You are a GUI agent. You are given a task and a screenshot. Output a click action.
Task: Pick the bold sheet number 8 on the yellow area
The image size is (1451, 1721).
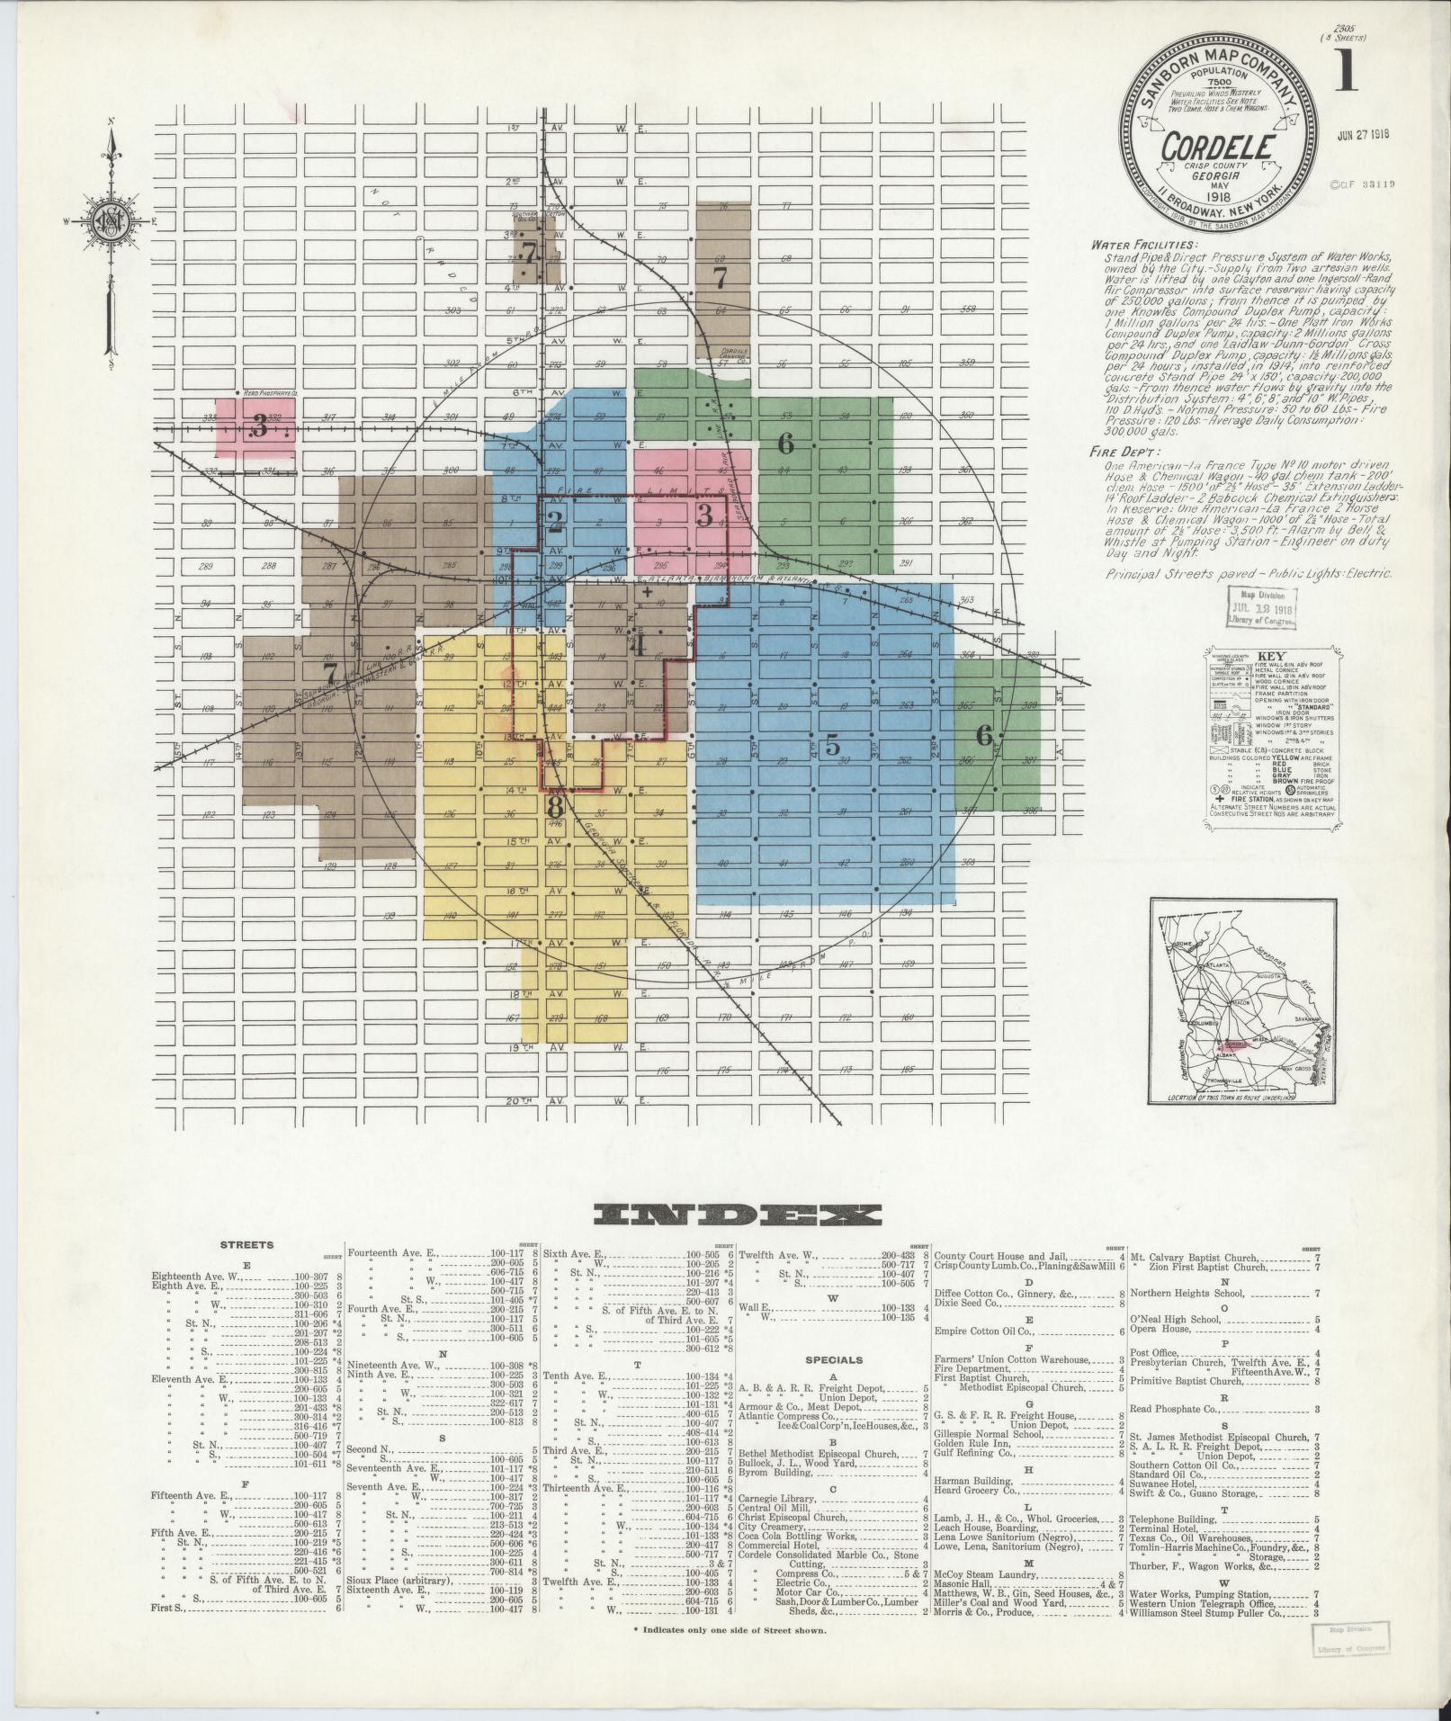(555, 805)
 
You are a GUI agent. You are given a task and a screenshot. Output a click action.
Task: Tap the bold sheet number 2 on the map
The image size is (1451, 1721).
(555, 521)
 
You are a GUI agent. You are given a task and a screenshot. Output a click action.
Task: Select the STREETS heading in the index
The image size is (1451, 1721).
(247, 1245)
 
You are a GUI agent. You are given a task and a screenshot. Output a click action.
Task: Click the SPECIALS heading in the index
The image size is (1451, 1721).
(834, 1360)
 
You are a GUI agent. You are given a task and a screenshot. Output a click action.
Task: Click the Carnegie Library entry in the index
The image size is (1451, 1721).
(781, 1499)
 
